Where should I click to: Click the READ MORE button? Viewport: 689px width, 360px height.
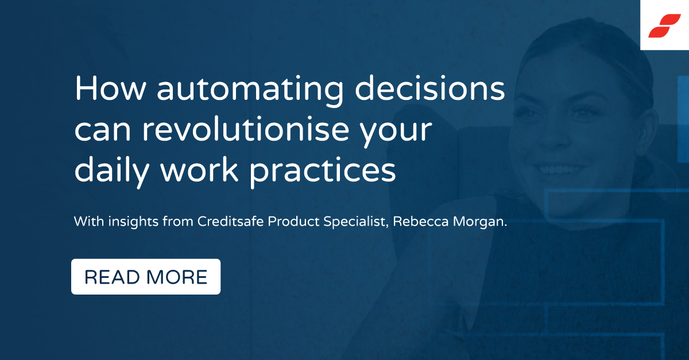pyautogui.click(x=146, y=277)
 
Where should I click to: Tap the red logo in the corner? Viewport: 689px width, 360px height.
pyautogui.click(x=664, y=26)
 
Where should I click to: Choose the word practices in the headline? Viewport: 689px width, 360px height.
pyautogui.click(x=321, y=171)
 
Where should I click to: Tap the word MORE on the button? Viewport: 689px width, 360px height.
pyautogui.click(x=177, y=277)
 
